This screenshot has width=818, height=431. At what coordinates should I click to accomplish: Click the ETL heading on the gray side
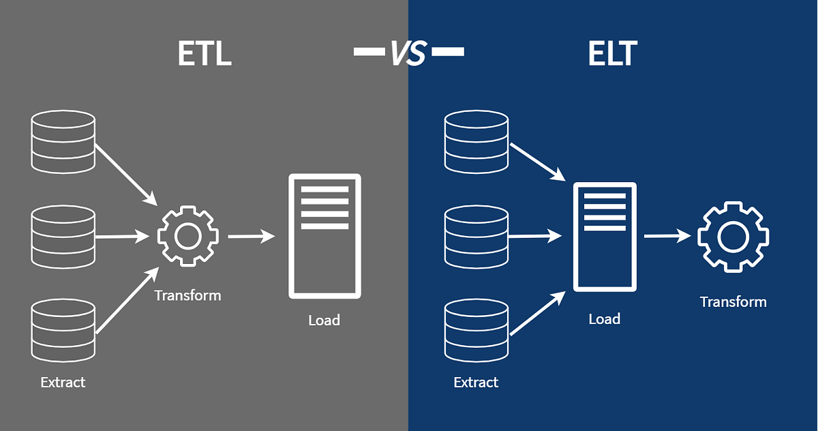[x=204, y=53]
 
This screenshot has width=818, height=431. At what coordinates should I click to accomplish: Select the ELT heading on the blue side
[x=612, y=53]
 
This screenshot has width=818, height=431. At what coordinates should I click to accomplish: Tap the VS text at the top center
[x=408, y=53]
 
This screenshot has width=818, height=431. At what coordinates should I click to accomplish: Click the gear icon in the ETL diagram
[x=187, y=237]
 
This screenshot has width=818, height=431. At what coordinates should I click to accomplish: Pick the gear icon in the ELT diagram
[x=733, y=237]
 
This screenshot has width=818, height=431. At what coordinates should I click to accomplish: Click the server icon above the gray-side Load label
[x=324, y=236]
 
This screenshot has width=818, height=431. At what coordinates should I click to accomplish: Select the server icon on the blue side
[x=605, y=237]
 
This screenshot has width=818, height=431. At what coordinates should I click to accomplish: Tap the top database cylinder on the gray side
[x=63, y=140]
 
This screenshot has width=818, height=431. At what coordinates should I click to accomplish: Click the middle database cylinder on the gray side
[x=63, y=237]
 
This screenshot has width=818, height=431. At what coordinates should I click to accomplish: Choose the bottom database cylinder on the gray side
[x=63, y=332]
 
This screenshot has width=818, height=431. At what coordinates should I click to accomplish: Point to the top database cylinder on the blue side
[x=476, y=140]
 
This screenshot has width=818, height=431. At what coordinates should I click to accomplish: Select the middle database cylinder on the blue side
[x=476, y=237]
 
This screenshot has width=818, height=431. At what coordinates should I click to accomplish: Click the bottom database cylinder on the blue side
[x=476, y=332]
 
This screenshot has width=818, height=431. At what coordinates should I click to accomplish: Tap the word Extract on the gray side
[x=63, y=382]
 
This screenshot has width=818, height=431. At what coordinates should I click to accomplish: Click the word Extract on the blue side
[x=476, y=382]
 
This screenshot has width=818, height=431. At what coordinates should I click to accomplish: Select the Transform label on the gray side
[x=187, y=295]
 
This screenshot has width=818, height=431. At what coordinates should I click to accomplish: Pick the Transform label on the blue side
[x=733, y=301]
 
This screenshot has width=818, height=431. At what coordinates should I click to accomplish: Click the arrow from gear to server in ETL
[x=251, y=237]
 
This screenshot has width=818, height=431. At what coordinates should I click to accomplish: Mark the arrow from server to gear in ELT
[x=667, y=237]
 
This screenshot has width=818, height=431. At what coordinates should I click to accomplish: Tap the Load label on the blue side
[x=605, y=318]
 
